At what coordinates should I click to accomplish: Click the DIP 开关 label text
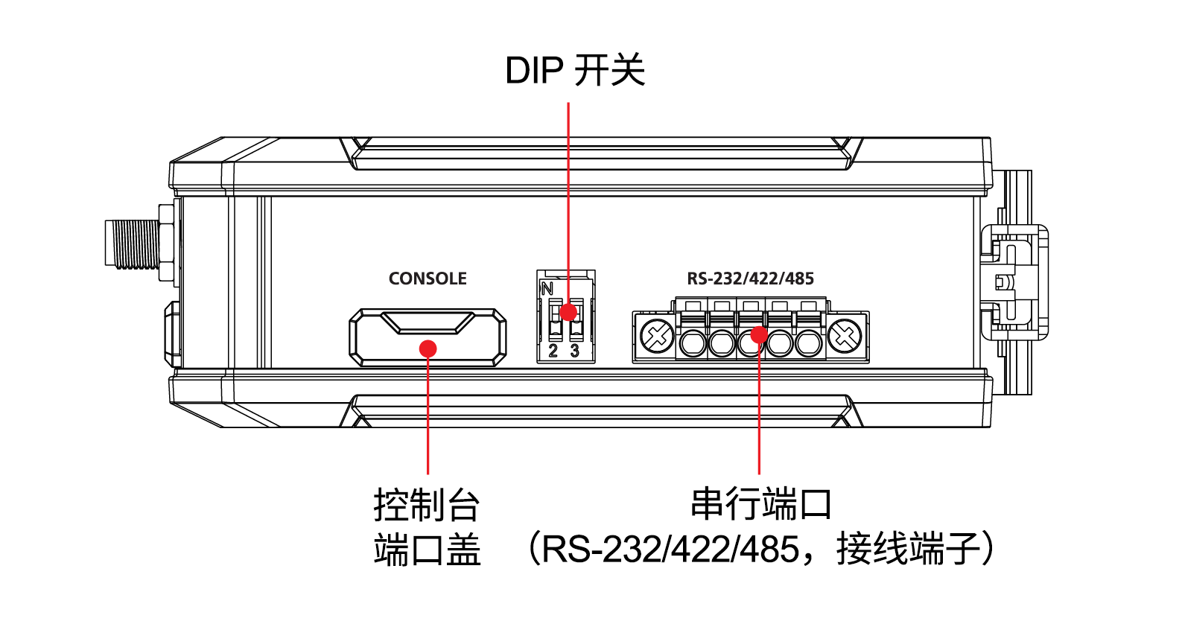click(574, 71)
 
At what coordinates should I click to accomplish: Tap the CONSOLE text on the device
click(428, 278)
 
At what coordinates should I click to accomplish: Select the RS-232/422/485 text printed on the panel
click(750, 278)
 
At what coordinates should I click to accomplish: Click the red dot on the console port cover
click(428, 348)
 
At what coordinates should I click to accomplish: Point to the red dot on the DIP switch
click(568, 312)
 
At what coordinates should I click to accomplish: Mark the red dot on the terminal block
click(758, 334)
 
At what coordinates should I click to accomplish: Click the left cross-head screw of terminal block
click(656, 337)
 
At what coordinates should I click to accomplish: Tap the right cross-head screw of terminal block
click(845, 337)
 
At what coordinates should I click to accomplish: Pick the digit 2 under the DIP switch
click(553, 351)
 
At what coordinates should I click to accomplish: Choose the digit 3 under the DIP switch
click(574, 351)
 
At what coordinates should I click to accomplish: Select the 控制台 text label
click(426, 505)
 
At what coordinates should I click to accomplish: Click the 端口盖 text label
click(426, 551)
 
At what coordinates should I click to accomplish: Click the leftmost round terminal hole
click(693, 343)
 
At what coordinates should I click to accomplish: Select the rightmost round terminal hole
click(808, 343)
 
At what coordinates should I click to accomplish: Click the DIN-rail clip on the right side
click(1014, 283)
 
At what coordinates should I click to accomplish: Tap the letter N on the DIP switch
click(547, 288)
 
